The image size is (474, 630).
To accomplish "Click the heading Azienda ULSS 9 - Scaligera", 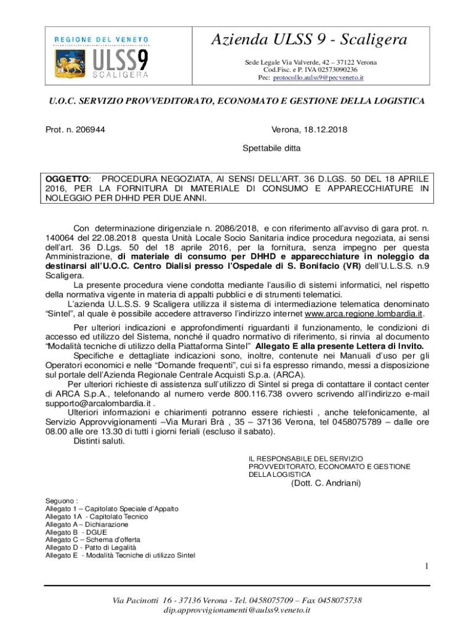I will [x=309, y=41].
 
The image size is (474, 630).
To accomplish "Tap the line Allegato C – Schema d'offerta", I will [x=88, y=540].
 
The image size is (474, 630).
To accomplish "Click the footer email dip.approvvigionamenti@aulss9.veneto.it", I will [x=236, y=610].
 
